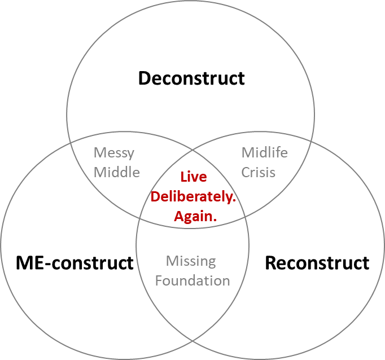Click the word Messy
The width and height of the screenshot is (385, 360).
click(114, 153)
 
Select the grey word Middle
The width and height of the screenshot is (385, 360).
click(117, 172)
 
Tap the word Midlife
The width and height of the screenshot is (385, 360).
click(264, 152)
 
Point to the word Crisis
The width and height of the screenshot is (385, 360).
click(259, 172)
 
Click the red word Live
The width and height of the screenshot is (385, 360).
click(194, 177)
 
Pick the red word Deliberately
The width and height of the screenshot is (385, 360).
click(193, 197)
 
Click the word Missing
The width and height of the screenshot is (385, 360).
click(191, 261)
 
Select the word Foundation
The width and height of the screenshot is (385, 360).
click(193, 280)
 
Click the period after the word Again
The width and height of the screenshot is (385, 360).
click(215, 220)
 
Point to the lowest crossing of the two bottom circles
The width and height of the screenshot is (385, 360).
click(193, 341)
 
